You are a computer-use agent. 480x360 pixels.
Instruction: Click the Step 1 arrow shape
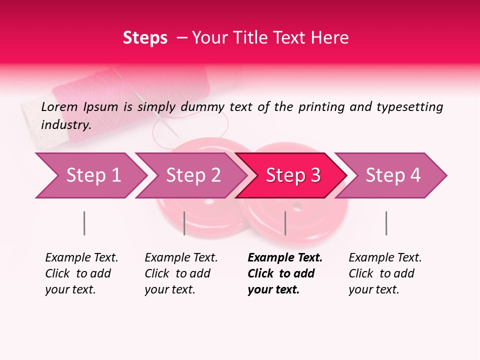pyautogui.click(x=90, y=175)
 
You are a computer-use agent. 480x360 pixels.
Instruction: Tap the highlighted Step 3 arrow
pyautogui.click(x=291, y=175)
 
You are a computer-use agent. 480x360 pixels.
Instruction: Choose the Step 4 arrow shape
pyautogui.click(x=391, y=175)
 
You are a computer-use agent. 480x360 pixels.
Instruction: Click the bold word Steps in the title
pyautogui.click(x=145, y=38)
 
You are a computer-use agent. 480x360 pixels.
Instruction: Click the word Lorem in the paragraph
pyautogui.click(x=59, y=106)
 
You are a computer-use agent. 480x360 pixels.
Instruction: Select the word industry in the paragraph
pyautogui.click(x=66, y=124)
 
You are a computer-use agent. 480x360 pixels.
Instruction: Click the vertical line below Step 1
pyautogui.click(x=84, y=223)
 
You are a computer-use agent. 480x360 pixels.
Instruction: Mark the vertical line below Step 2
pyautogui.click(x=184, y=223)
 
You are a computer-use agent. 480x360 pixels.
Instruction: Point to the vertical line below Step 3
pyautogui.click(x=285, y=223)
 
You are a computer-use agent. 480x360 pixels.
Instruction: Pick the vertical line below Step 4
pyautogui.click(x=386, y=223)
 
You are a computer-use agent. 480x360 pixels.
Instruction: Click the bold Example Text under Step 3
pyautogui.click(x=285, y=258)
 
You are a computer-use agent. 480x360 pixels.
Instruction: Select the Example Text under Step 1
pyautogui.click(x=81, y=258)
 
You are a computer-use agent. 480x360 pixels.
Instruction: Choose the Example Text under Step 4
pyautogui.click(x=385, y=258)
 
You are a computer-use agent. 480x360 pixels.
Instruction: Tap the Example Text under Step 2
pyautogui.click(x=181, y=258)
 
